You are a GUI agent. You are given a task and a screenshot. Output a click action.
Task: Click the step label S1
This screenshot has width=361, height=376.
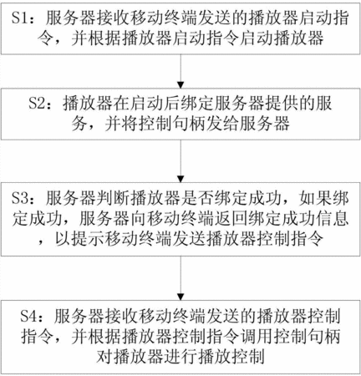[x=19, y=18]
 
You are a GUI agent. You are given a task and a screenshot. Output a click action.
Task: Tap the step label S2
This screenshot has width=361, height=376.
[x=37, y=104]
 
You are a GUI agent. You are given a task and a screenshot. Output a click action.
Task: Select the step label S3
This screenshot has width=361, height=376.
[x=19, y=198]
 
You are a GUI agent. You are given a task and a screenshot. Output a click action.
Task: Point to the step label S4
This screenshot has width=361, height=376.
[x=28, y=317]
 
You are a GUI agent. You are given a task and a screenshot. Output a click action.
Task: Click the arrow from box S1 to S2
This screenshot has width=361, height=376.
[x=180, y=71]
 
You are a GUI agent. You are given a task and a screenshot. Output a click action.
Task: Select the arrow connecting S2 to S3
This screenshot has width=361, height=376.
[x=180, y=161]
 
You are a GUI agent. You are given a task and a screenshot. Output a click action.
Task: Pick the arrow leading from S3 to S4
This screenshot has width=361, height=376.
[x=180, y=278]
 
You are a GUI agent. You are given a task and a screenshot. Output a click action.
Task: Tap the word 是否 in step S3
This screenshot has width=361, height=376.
[x=197, y=198]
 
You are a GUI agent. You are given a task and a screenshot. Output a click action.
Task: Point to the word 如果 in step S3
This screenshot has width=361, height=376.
[x=315, y=198]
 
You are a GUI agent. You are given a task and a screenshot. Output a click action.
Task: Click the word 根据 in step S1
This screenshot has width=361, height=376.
[x=104, y=38]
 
